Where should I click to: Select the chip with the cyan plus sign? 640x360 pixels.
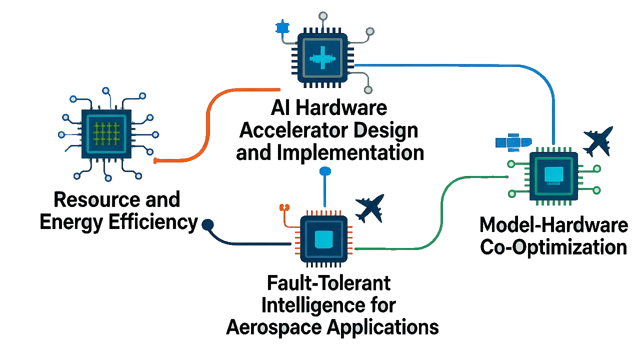(x=323, y=57)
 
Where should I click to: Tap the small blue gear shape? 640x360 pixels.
(x=282, y=27)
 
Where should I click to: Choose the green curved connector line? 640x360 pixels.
(x=440, y=210)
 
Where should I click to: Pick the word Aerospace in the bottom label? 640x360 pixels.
(x=274, y=328)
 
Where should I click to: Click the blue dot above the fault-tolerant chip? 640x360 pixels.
(x=325, y=171)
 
